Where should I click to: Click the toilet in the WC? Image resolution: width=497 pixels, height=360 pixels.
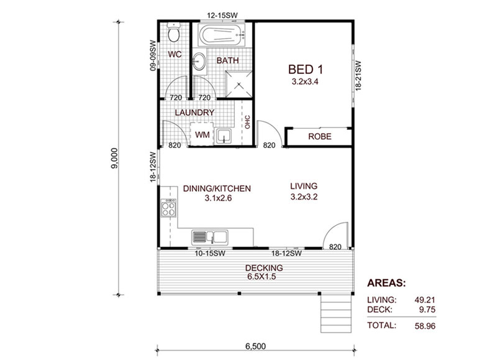pyautogui.click(x=174, y=32)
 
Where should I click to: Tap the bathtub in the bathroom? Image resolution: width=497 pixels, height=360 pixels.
pyautogui.click(x=222, y=35)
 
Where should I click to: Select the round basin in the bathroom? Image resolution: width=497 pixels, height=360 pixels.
pyautogui.click(x=199, y=61)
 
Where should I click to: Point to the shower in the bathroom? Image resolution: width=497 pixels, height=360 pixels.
pyautogui.click(x=239, y=84)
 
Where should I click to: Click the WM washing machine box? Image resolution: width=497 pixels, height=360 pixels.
pyautogui.click(x=202, y=134)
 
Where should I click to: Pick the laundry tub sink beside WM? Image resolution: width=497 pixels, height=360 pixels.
pyautogui.click(x=224, y=136)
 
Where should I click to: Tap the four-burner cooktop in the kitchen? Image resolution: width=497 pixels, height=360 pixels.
pyautogui.click(x=168, y=208)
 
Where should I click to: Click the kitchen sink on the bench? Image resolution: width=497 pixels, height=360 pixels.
pyautogui.click(x=209, y=238)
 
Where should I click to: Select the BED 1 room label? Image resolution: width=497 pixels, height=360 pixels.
pyautogui.click(x=305, y=69)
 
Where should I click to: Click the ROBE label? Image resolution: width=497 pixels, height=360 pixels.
pyautogui.click(x=320, y=136)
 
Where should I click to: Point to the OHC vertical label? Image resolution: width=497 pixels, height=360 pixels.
pyautogui.click(x=247, y=122)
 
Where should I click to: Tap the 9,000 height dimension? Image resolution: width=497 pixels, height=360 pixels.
pyautogui.click(x=114, y=159)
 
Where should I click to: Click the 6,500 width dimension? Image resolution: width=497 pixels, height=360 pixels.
pyautogui.click(x=255, y=346)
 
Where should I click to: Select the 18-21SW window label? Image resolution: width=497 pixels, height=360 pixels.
pyautogui.click(x=358, y=76)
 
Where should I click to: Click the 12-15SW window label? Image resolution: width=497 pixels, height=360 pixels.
pyautogui.click(x=222, y=15)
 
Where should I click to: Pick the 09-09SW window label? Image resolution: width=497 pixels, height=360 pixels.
pyautogui.click(x=153, y=55)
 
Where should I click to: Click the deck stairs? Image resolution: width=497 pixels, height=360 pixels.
pyautogui.click(x=336, y=313)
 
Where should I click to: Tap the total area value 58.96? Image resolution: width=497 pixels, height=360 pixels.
pyautogui.click(x=425, y=326)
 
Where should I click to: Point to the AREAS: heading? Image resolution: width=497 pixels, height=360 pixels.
pyautogui.click(x=386, y=283)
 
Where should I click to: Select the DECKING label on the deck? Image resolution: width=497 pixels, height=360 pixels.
pyautogui.click(x=264, y=268)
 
